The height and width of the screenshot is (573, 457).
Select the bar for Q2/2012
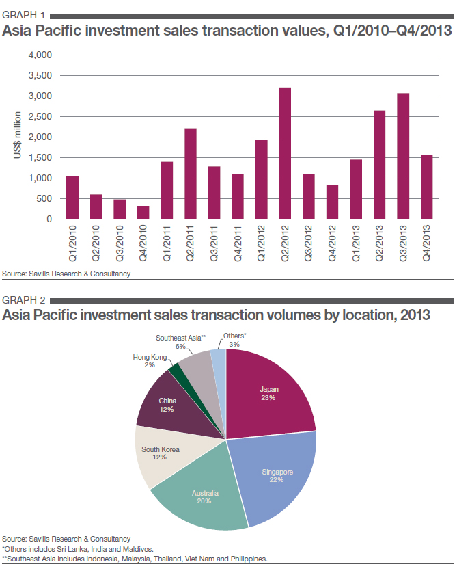pos(285,153)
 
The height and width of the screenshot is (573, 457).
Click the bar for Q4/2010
pos(143,213)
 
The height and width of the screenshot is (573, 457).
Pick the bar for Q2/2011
pos(191,174)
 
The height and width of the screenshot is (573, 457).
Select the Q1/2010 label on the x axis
pos(73,240)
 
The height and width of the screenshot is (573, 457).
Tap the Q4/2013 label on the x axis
pos(427,240)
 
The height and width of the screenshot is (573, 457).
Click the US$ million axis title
pos(18,137)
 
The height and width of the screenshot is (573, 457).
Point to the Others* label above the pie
pos(234,336)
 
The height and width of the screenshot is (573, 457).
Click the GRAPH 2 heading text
pos(24,299)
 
